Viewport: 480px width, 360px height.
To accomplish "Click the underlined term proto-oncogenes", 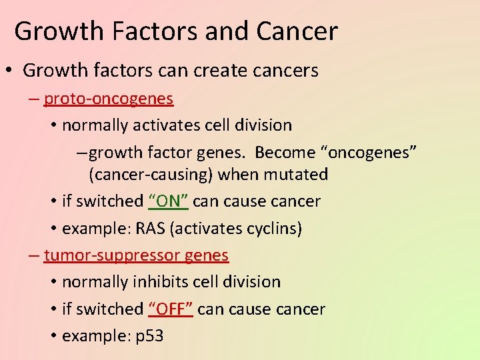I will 108,99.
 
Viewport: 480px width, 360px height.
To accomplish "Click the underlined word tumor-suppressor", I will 111,255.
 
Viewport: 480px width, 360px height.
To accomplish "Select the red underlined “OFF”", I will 171,309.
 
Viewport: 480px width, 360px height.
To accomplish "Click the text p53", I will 149,336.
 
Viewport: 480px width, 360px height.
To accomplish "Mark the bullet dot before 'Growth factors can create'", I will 11,71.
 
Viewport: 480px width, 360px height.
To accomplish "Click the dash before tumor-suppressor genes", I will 34,255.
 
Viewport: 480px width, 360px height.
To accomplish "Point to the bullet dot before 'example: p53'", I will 53,336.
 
